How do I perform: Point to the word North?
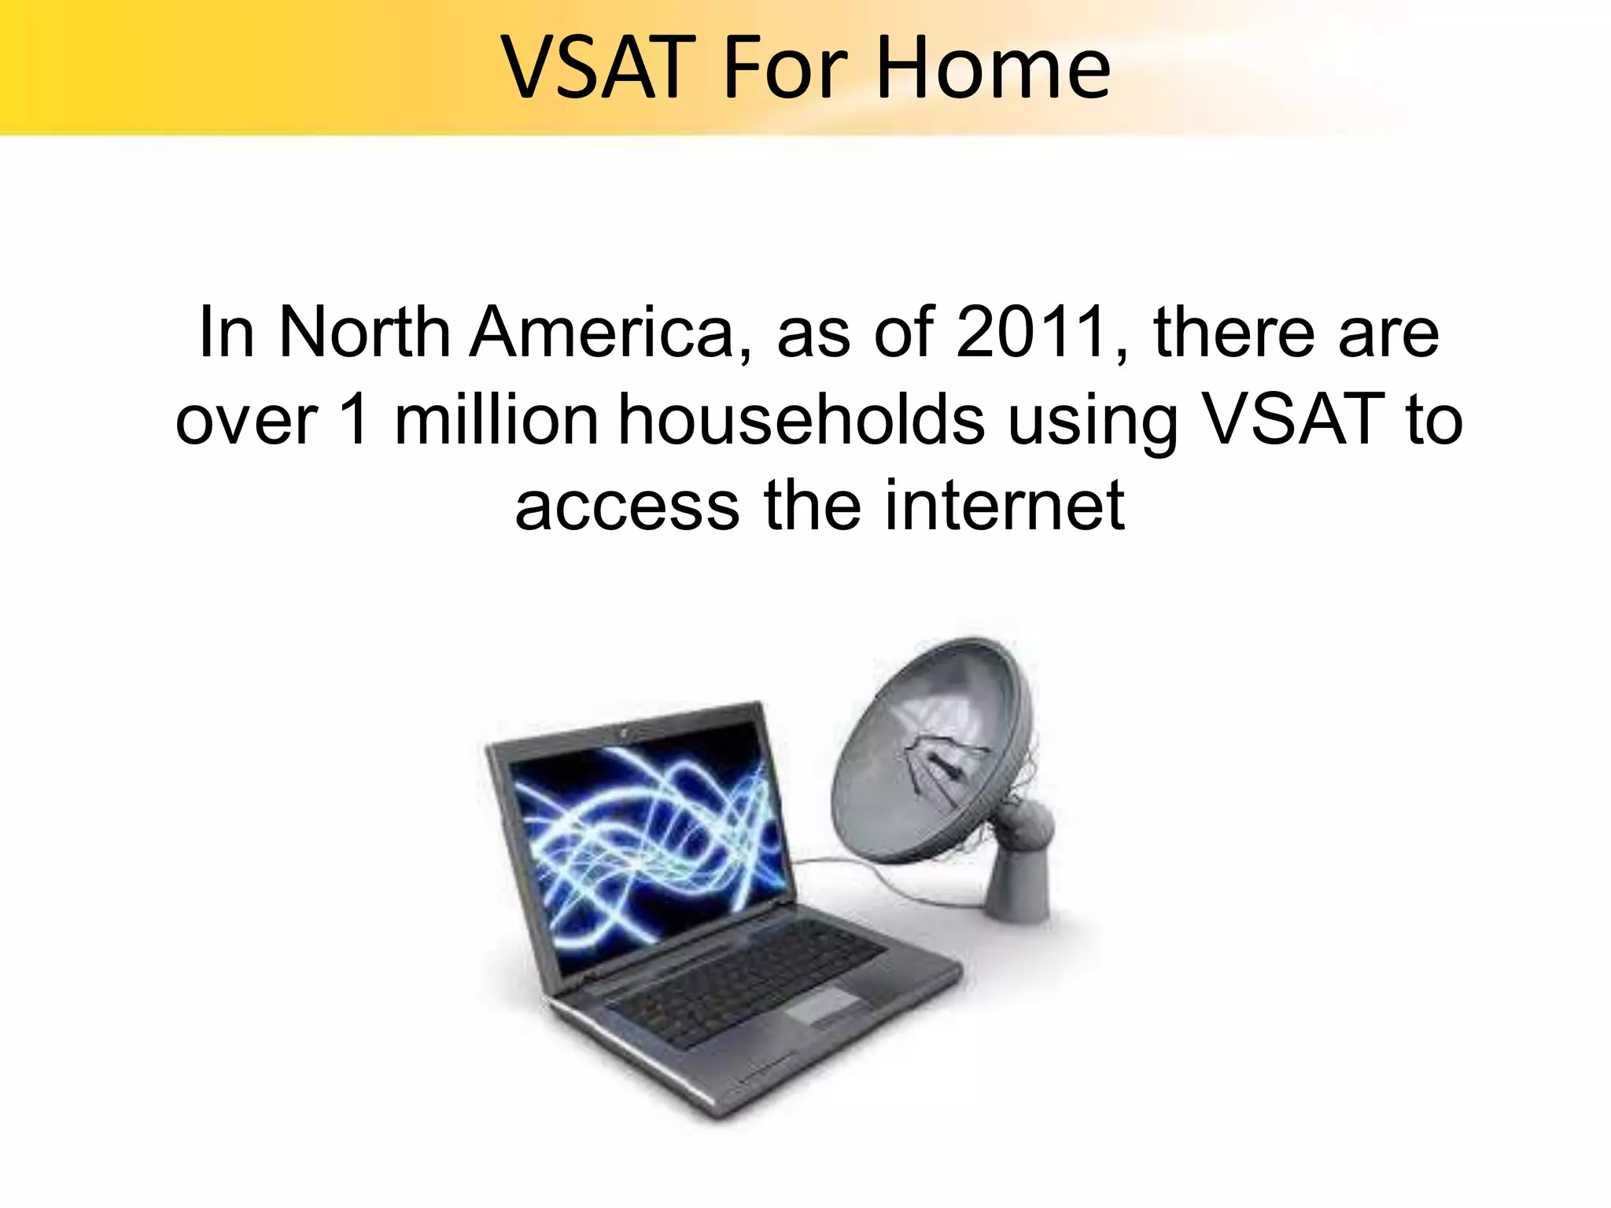[x=365, y=333]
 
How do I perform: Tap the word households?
[x=801, y=420]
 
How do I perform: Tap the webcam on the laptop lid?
[x=623, y=731]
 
